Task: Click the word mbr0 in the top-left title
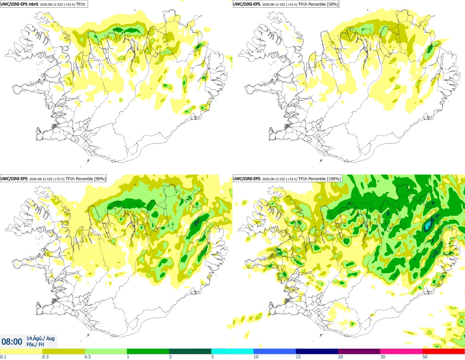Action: (33, 4)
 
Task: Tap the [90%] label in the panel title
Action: (99, 179)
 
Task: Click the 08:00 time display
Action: (12, 342)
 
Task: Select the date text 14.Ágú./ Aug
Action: (40, 338)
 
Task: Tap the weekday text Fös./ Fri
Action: (35, 345)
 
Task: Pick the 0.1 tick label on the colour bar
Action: (3, 357)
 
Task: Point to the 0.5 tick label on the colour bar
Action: (87, 357)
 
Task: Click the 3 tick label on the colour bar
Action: (170, 357)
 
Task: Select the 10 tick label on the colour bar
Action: (256, 357)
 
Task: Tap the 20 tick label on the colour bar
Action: (340, 357)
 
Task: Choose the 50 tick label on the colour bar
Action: (425, 357)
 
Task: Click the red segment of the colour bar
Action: (444, 352)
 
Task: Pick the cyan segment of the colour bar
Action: (232, 352)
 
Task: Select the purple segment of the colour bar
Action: (359, 352)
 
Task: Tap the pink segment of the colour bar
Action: (401, 352)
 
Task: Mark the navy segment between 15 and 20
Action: (317, 352)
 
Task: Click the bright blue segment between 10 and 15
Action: (275, 352)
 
